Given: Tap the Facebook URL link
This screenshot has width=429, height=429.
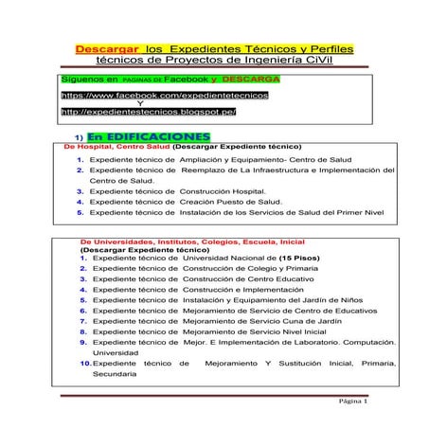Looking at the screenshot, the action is (164, 96).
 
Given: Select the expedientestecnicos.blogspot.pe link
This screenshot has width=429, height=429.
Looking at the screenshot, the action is (148, 111).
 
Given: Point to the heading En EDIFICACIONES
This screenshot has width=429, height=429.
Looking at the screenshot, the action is (139, 136).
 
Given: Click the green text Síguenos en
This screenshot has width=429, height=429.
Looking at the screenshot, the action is (89, 80).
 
